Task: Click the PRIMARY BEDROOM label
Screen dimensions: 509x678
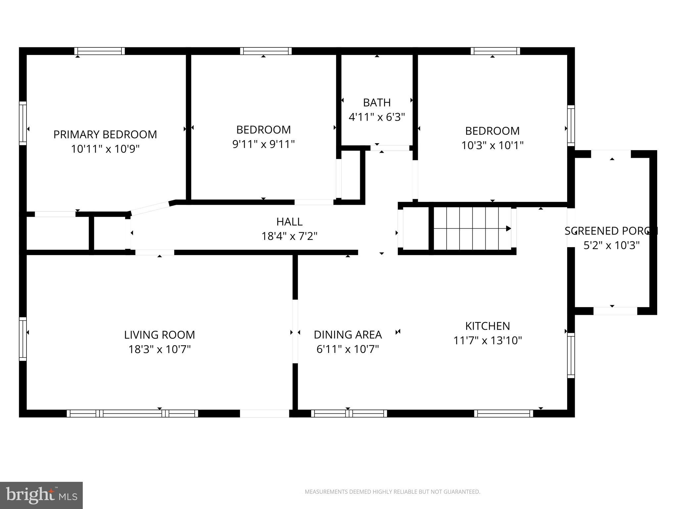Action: coord(105,134)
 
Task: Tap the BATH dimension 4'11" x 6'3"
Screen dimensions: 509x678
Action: coord(377,117)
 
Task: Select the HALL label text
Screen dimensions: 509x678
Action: coord(289,221)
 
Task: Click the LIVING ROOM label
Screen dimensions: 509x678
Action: coord(159,335)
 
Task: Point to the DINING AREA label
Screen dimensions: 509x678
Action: coord(348,335)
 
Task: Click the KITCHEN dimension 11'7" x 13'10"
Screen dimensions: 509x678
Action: coord(487,340)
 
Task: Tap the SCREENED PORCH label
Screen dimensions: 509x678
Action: coord(611,231)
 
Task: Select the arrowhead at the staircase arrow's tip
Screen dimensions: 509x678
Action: coord(509,228)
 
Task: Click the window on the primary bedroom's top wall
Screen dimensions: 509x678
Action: coord(99,51)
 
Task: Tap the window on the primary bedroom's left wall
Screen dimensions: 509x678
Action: coord(23,123)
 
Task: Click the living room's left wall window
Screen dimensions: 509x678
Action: coord(23,339)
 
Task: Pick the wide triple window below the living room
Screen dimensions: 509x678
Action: coord(132,413)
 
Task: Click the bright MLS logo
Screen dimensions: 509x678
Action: coord(41,495)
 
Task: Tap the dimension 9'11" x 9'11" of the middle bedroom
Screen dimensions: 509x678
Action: coord(264,144)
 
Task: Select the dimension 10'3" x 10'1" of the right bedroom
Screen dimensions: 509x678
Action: coord(492,145)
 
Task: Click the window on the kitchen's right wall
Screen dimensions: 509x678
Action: coord(571,355)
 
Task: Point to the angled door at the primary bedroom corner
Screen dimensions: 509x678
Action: coord(151,208)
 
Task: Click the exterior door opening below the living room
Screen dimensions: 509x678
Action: coord(264,413)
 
